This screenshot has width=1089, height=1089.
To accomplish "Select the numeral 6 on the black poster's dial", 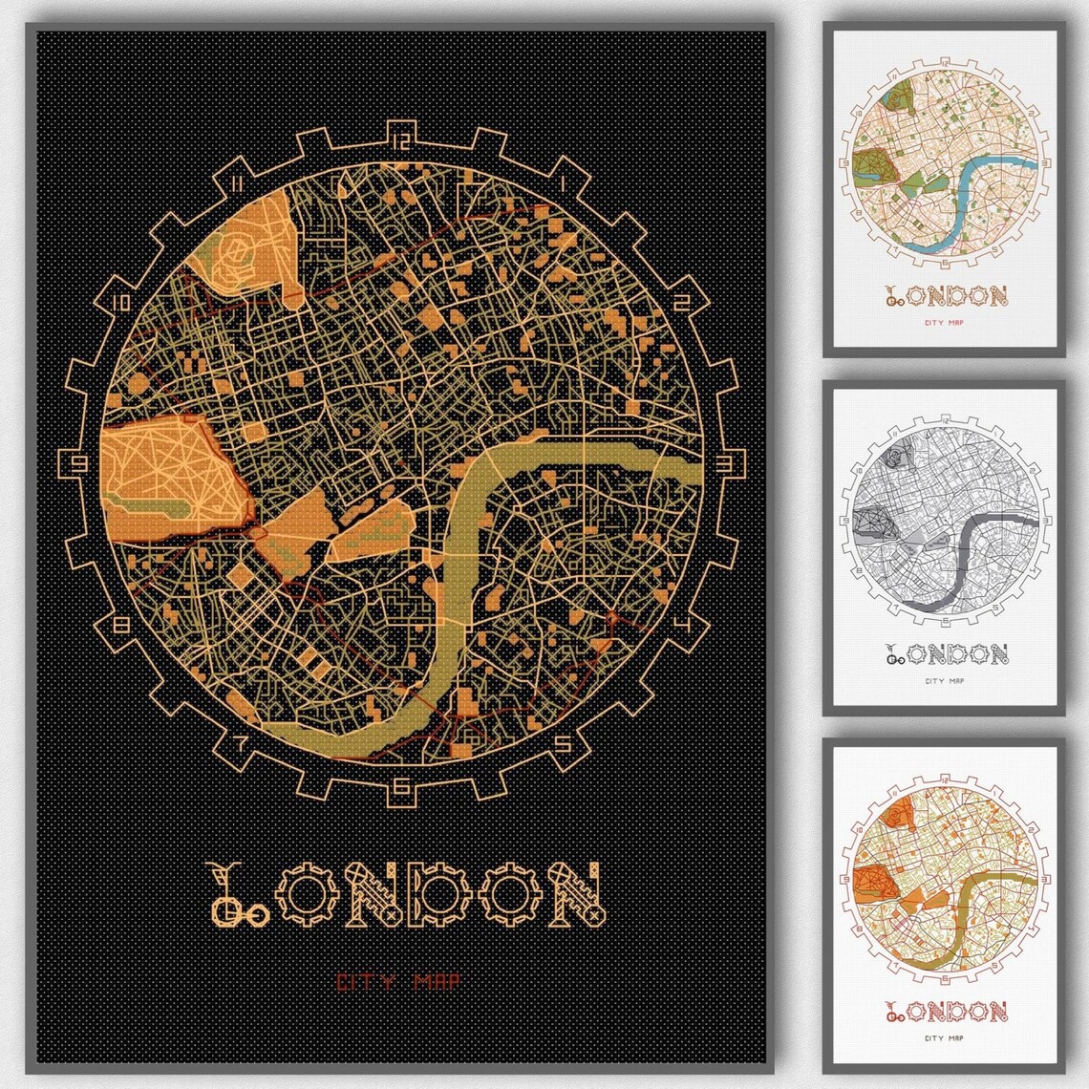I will click(x=401, y=787).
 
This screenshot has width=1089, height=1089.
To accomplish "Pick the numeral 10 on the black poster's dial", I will click(x=120, y=303).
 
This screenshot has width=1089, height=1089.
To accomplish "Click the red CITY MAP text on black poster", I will click(x=400, y=981).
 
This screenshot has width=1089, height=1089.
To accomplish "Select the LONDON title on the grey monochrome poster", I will click(x=946, y=653).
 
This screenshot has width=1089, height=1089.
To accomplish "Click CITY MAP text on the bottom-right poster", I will click(x=945, y=1038).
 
